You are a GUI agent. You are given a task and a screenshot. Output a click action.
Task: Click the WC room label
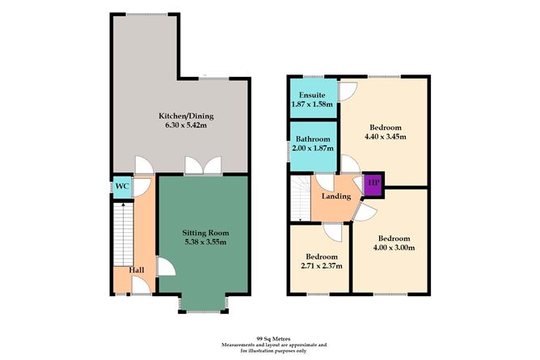pyautogui.click(x=122, y=186)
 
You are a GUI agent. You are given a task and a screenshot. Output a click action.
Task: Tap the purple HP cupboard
pyautogui.click(x=373, y=184)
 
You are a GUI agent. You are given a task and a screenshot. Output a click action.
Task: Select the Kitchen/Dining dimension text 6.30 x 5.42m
pyautogui.click(x=186, y=125)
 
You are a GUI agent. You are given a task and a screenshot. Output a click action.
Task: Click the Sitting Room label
pyautogui.click(x=205, y=233)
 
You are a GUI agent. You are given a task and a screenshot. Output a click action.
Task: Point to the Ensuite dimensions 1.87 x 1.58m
pyautogui.click(x=312, y=104)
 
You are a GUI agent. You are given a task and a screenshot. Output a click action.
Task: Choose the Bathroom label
pyautogui.click(x=313, y=139)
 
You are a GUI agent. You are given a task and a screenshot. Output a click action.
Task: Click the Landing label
pyautogui.click(x=336, y=197)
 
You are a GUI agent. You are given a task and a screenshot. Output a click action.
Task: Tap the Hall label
pyautogui.click(x=137, y=270)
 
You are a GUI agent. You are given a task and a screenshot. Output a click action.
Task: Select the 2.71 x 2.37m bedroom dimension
pyautogui.click(x=322, y=266)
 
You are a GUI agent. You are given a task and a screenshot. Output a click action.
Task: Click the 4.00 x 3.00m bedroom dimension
pyautogui.click(x=394, y=248)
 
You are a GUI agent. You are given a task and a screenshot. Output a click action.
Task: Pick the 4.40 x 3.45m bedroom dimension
pyautogui.click(x=386, y=137)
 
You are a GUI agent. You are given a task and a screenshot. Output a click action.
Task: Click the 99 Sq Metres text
pyautogui.click(x=273, y=339)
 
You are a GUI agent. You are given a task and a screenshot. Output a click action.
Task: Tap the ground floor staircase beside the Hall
pyautogui.click(x=124, y=235)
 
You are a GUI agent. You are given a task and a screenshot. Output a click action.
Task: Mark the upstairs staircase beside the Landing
pyautogui.click(x=301, y=198)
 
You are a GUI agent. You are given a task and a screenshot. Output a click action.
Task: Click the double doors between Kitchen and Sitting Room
pyautogui.click(x=203, y=166)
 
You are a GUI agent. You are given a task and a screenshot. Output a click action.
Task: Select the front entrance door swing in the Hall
pyautogui.click(x=141, y=286)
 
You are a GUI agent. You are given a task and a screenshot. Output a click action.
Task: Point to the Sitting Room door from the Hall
pyautogui.click(x=167, y=266)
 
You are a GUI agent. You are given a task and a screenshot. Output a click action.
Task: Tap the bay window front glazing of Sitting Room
pyautogui.click(x=204, y=312)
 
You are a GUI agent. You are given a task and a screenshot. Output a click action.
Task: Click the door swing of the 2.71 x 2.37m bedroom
pyautogui.click(x=333, y=232)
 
